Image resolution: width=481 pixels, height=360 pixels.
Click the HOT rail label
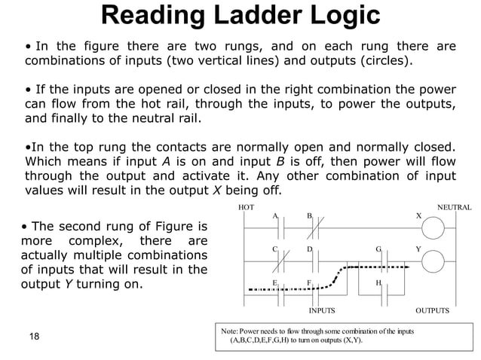click(x=246, y=206)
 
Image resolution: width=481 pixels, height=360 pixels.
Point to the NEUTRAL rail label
click(x=454, y=206)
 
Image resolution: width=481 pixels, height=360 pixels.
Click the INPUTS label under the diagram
click(x=323, y=310)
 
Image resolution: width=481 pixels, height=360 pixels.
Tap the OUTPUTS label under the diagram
click(x=432, y=310)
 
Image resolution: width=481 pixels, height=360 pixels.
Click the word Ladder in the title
click(x=246, y=16)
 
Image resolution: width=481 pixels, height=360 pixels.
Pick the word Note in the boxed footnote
click(x=228, y=331)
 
